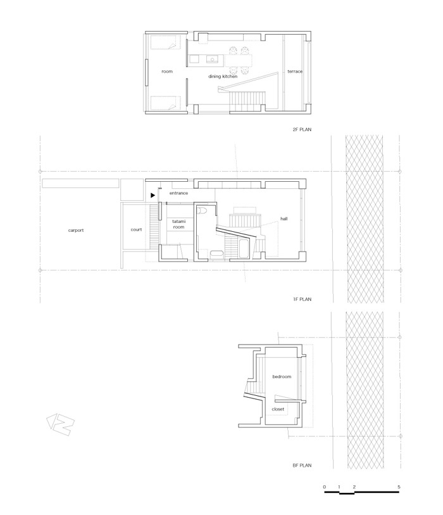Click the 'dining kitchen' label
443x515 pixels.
tap(223, 76)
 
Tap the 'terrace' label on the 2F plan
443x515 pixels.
tap(295, 72)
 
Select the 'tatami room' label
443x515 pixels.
tap(178, 224)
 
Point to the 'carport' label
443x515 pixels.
tap(76, 230)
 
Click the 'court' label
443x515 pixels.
tap(136, 229)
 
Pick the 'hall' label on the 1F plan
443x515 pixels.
tap(284, 219)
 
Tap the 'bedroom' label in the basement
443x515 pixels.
tap(282, 376)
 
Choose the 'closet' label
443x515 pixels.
tap(278, 409)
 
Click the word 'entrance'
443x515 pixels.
tap(178, 193)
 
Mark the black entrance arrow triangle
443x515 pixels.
tap(153, 196)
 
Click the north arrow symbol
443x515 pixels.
tap(60, 424)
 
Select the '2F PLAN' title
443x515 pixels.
tap(302, 129)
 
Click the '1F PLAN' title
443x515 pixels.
tap(303, 299)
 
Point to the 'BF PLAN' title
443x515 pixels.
tap(302, 465)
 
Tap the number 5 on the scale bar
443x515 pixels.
tap(399, 486)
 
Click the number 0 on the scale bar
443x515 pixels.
tap(325, 486)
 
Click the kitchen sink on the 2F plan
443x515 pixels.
tap(212, 60)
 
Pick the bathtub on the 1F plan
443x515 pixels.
tap(244, 249)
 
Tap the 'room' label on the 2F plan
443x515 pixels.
tap(167, 72)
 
